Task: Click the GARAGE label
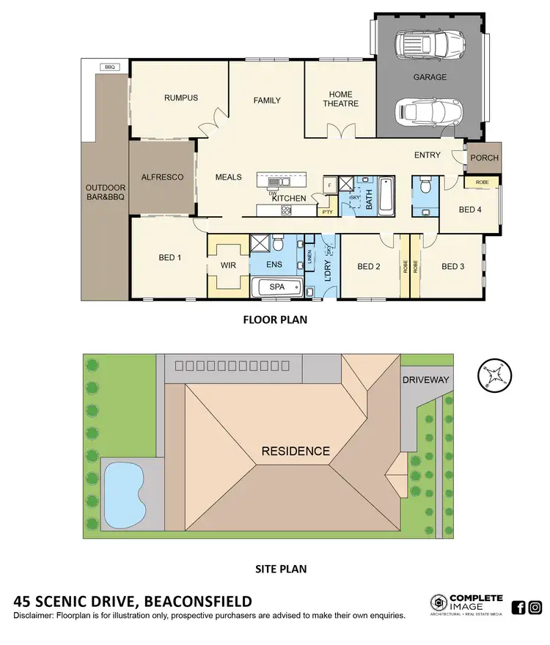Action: tap(429, 77)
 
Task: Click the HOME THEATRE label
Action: tap(341, 99)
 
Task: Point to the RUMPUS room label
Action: tap(181, 98)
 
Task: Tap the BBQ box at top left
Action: tap(111, 67)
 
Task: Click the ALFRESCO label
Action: tap(162, 177)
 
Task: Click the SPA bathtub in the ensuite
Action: tap(277, 287)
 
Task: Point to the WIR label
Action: tap(227, 267)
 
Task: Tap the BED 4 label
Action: tap(470, 210)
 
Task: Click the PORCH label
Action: tap(484, 158)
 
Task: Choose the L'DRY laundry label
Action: tap(328, 270)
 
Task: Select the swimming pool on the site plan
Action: tap(125, 491)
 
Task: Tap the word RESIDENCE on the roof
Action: tap(296, 451)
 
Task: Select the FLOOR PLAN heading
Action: tap(275, 320)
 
